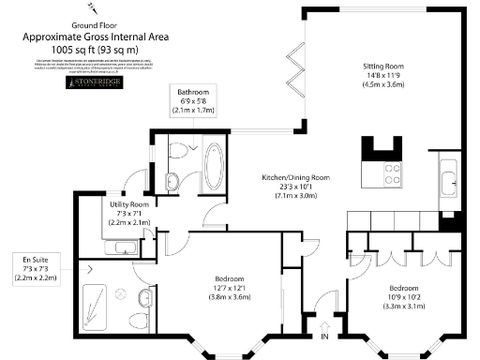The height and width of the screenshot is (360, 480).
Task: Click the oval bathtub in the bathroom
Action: point(214,167)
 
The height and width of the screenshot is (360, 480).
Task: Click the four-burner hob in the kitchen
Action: point(389,173)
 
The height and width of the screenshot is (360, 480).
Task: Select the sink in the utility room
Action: point(123,248)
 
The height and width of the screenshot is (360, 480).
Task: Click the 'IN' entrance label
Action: point(324,336)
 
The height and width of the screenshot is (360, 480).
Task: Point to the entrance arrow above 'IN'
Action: point(324,321)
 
